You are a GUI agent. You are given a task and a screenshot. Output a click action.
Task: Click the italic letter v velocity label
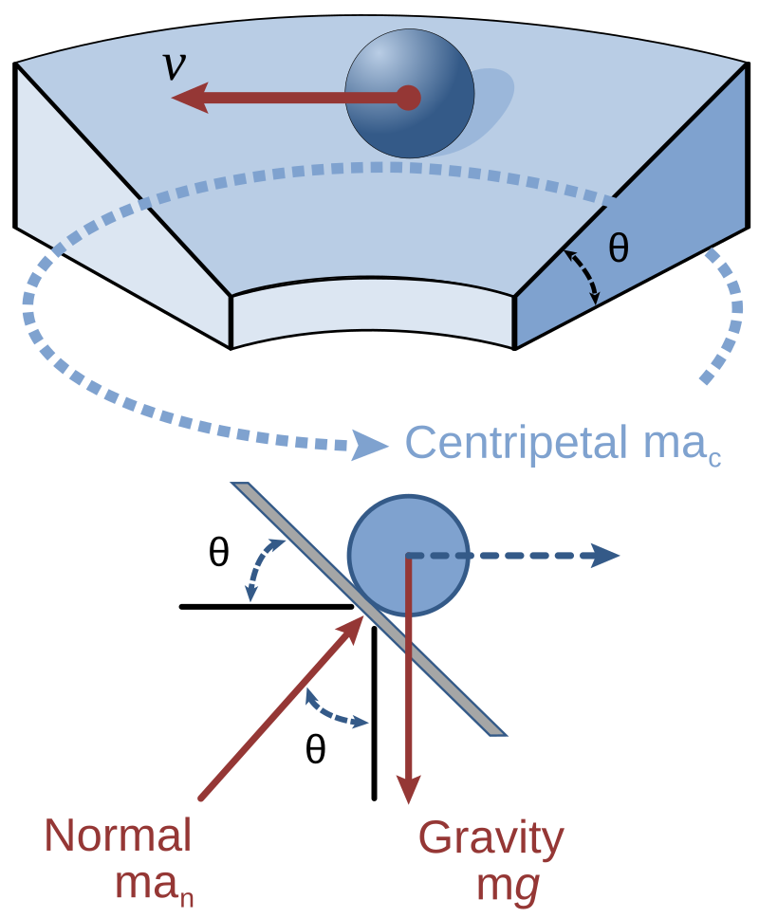tap(174, 66)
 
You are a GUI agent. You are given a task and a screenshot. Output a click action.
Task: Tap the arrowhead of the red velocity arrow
tap(191, 97)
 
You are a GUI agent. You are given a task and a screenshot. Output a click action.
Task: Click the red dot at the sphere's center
tap(408, 97)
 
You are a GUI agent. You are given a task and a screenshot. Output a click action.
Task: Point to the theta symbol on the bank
tap(618, 249)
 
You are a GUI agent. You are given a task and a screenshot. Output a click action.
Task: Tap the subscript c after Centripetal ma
tap(713, 459)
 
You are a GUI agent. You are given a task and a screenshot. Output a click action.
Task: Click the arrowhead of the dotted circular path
tap(371, 444)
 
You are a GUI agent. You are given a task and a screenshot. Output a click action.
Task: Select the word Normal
tap(118, 835)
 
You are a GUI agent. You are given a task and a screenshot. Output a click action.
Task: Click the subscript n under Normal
tap(187, 894)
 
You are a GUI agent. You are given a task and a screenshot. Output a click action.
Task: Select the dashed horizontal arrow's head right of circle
tap(605, 555)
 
